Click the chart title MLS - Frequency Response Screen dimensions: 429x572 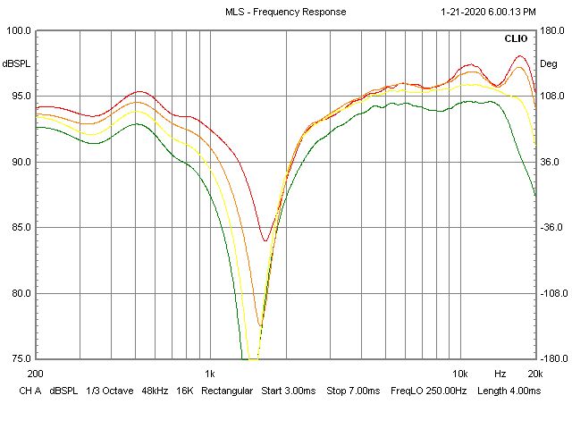coord(285,12)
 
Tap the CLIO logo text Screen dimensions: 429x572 coord(516,39)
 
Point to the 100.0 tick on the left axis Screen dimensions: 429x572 coord(19,30)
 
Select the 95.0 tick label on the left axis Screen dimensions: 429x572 coord(19,97)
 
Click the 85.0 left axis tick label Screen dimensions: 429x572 coord(19,227)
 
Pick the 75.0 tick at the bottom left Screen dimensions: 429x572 coord(19,358)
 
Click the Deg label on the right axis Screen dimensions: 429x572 coord(548,63)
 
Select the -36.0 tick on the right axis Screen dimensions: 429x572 coord(549,227)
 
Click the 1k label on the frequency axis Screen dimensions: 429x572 coord(210,373)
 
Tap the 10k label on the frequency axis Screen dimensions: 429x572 coord(460,373)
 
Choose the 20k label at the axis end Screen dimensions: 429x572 coord(534,373)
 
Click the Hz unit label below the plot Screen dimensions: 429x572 coord(500,373)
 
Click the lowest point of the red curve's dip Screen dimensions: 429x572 coord(265,240)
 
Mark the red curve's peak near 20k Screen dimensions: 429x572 coord(520,56)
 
